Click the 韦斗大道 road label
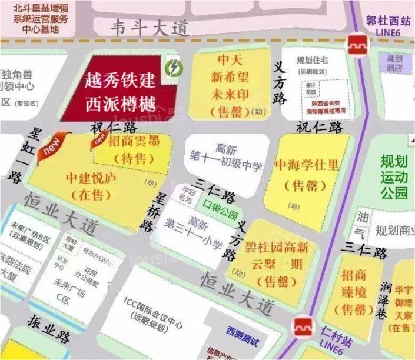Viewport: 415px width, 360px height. tap(150, 28)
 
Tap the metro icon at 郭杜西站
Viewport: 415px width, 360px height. tap(356, 45)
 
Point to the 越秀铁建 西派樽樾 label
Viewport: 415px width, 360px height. tap(120, 91)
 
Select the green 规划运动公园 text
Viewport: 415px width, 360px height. tap(394, 176)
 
